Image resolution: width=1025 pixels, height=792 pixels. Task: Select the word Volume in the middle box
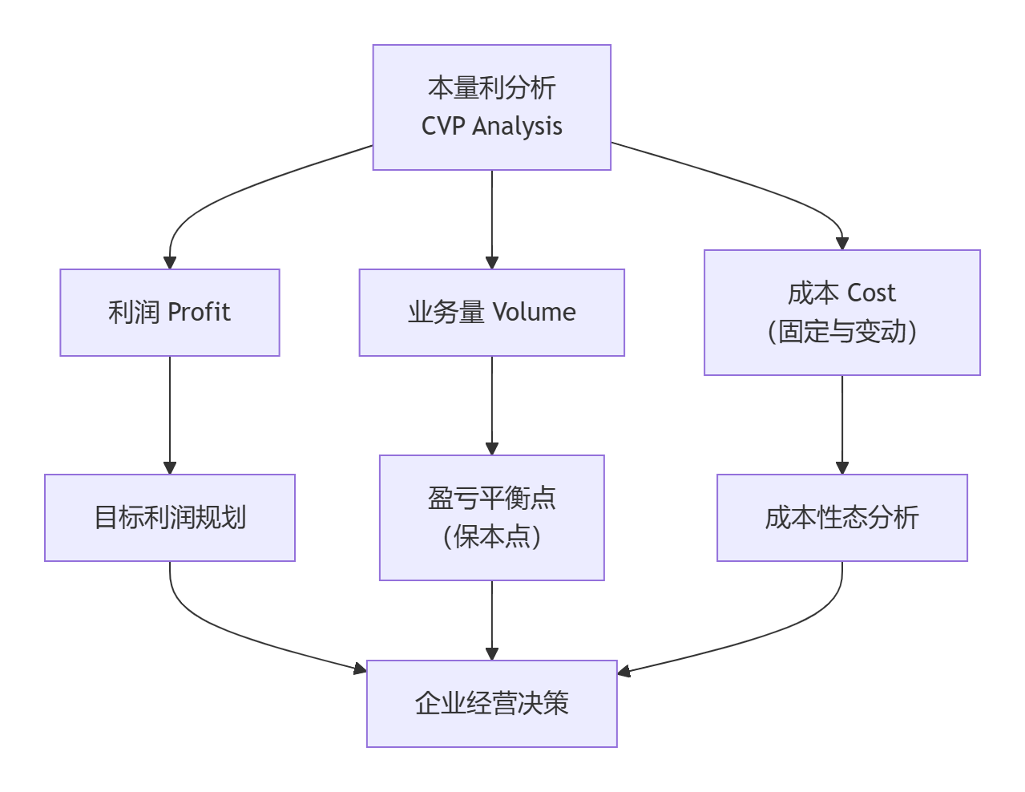pos(534,312)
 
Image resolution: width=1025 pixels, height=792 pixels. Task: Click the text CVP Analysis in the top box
pos(491,127)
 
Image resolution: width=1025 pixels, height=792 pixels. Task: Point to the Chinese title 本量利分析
pos(491,88)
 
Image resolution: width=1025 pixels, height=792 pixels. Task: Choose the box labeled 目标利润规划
pos(170,518)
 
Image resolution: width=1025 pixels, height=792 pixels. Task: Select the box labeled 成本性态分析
pos(841,518)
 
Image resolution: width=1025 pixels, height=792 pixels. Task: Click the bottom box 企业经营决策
pos(491,704)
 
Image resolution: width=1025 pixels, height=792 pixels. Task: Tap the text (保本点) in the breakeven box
pos(491,537)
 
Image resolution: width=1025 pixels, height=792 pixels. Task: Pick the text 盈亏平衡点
pos(491,499)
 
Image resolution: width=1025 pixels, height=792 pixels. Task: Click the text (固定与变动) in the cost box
pos(841,332)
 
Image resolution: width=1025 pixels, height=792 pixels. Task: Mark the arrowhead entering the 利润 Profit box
pos(170,262)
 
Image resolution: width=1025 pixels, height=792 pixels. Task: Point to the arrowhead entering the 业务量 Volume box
pos(492,262)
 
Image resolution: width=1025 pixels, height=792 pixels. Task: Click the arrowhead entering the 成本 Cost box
pos(841,243)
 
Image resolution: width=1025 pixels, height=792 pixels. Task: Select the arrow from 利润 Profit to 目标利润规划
pos(170,413)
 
